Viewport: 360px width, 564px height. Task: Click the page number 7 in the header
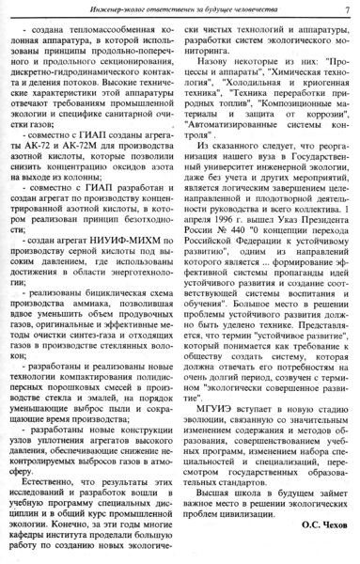click(346, 10)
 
